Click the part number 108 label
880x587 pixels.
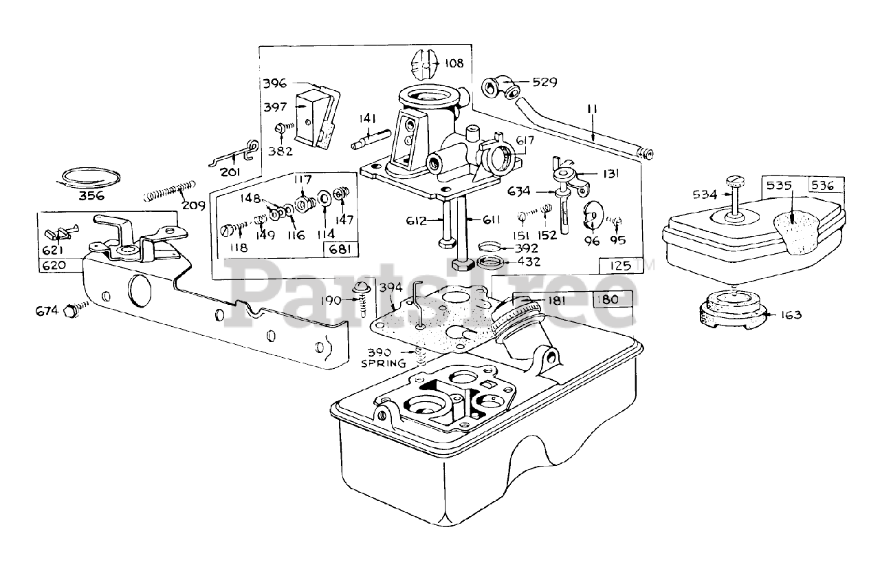pos(454,63)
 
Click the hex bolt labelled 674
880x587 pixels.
pos(69,311)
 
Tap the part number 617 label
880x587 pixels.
pos(525,140)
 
